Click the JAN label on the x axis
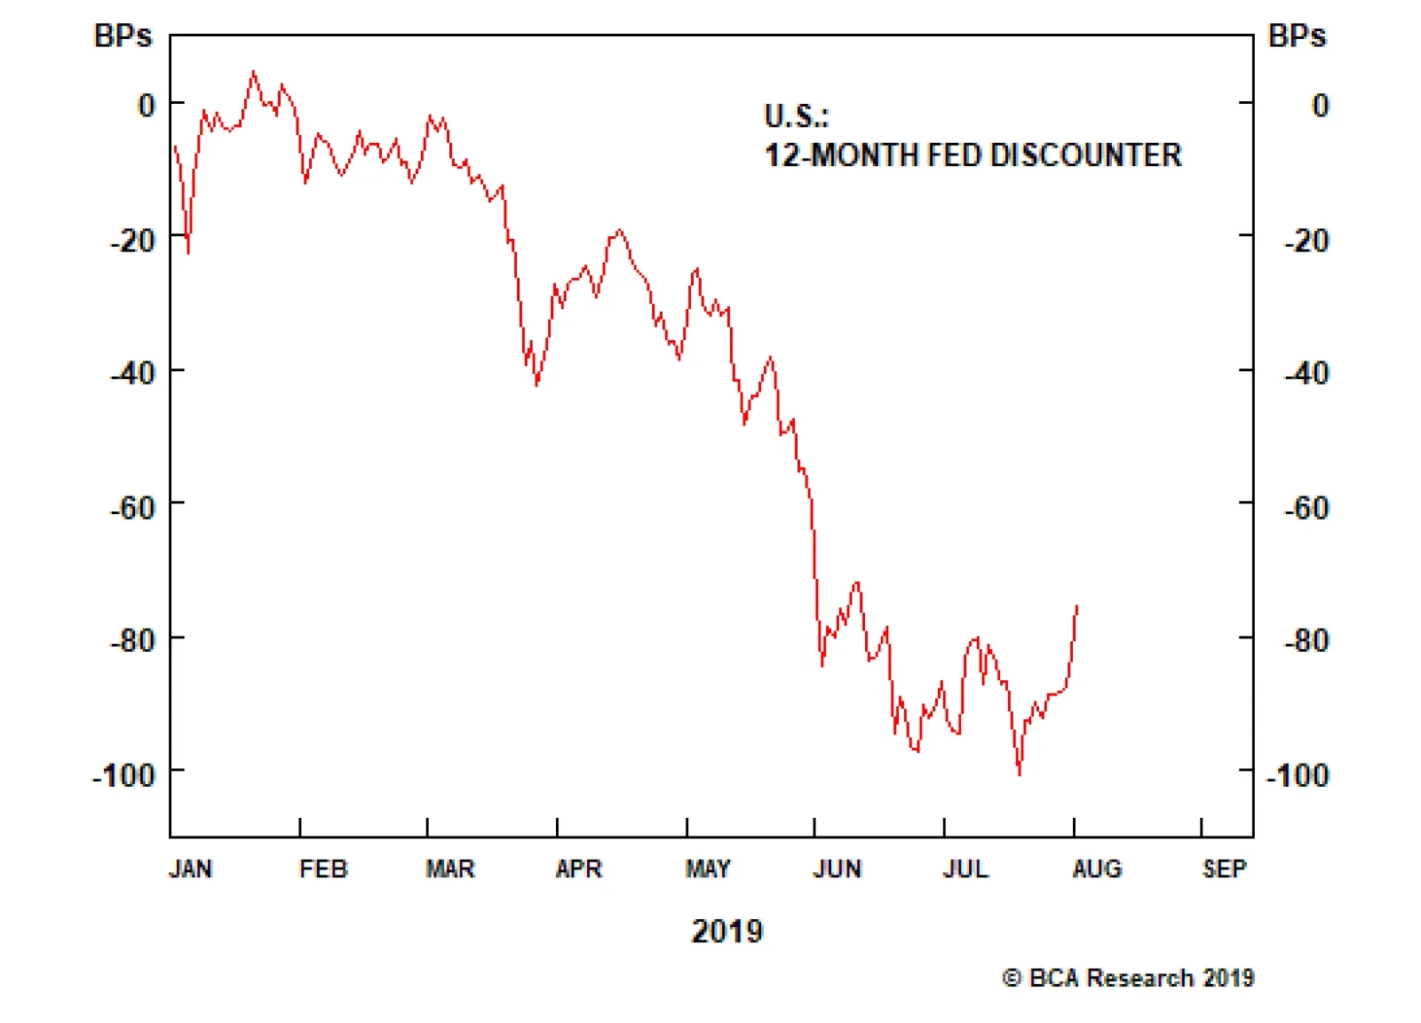pos(190,868)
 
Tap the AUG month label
pos(1097,868)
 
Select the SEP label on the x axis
pos(1224,868)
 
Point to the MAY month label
pos(708,868)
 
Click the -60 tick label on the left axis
pos(132,508)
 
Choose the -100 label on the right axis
pos(1298,775)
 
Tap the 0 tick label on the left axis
pos(146,106)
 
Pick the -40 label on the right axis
pos(1306,373)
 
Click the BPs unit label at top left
pos(123,36)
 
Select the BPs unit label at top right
pos(1297,36)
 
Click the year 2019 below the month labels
pos(727,931)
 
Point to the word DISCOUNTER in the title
pos(1085,155)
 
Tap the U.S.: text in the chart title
pos(796,116)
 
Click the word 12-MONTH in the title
pos(841,155)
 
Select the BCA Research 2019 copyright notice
pos(1128,978)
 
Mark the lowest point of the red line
pos(1020,774)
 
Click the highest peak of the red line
pos(254,72)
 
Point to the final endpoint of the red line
pos(1077,607)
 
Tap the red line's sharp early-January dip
pos(188,253)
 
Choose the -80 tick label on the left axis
pos(132,640)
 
